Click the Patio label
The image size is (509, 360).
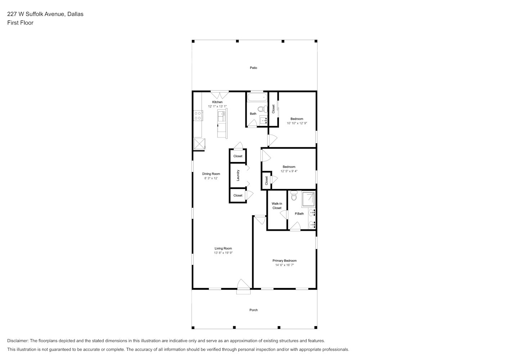pyautogui.click(x=253, y=68)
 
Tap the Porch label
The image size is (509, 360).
pyautogui.click(x=253, y=310)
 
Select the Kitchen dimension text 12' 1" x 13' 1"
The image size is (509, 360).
pyautogui.click(x=217, y=106)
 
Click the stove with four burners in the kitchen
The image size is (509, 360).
pyautogui.click(x=198, y=116)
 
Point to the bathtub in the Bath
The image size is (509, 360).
pyautogui.click(x=257, y=97)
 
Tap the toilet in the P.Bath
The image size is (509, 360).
pyautogui.click(x=294, y=195)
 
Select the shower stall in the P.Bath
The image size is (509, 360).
pyautogui.click(x=308, y=199)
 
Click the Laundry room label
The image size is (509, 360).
pyautogui.click(x=238, y=175)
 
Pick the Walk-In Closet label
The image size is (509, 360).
pyautogui.click(x=277, y=206)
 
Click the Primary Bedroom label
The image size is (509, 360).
pyautogui.click(x=284, y=261)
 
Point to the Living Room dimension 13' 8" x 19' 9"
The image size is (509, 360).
pyautogui.click(x=223, y=253)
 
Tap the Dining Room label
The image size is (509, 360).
pyautogui.click(x=211, y=174)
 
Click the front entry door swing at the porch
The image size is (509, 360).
pyautogui.click(x=243, y=284)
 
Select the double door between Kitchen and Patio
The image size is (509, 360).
pyautogui.click(x=220, y=95)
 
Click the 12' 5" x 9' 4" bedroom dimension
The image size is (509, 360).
pyautogui.click(x=289, y=171)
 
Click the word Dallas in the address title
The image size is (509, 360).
pyautogui.click(x=76, y=14)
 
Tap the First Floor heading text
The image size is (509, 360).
pyautogui.click(x=20, y=23)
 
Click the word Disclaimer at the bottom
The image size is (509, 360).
pyautogui.click(x=18, y=341)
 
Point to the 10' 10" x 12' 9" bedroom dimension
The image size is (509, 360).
pyautogui.click(x=297, y=123)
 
